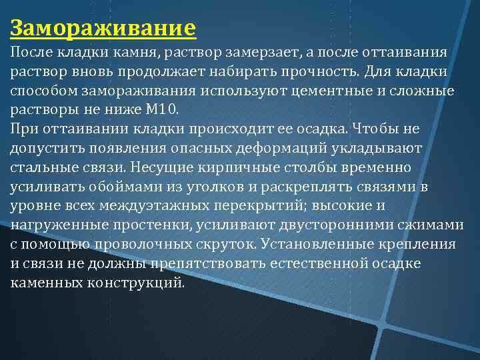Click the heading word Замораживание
click(x=103, y=29)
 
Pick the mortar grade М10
click(x=157, y=109)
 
